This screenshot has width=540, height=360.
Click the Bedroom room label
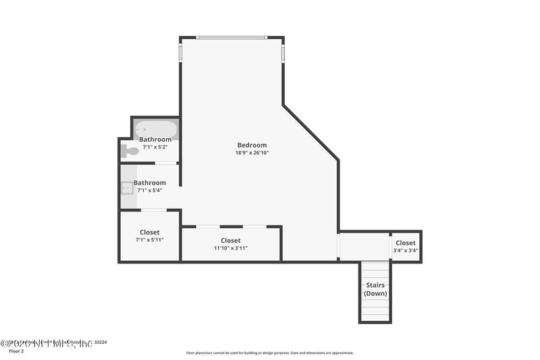click(x=252, y=145)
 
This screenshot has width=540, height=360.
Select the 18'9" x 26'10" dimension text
click(x=252, y=153)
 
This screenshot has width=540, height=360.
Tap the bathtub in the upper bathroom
click(x=156, y=128)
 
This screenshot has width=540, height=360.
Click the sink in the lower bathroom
click(x=127, y=188)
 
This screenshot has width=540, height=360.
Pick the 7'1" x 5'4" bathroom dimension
click(x=150, y=190)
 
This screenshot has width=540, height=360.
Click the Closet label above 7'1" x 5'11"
click(x=150, y=232)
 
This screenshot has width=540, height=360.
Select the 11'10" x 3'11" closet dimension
click(x=231, y=249)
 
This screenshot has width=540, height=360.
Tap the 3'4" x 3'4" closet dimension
click(x=406, y=251)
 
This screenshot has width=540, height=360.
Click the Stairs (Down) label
click(x=375, y=290)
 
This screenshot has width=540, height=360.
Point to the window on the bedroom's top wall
click(x=232, y=38)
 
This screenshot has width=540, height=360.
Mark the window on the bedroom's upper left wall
click(x=180, y=53)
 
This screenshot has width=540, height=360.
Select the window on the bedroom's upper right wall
click(x=283, y=53)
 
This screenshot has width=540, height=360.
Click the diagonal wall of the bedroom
click(x=310, y=132)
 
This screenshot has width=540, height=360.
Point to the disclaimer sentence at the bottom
click(x=269, y=353)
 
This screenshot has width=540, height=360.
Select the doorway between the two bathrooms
click(x=165, y=163)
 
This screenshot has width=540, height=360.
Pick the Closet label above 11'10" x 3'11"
click(x=231, y=240)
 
